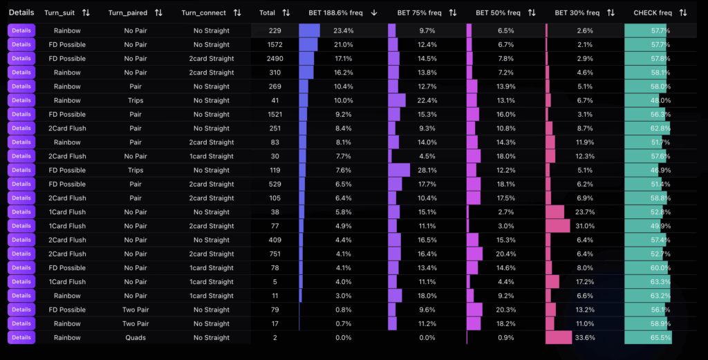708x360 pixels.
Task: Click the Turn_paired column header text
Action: click(129, 12)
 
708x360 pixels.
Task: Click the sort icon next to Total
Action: click(286, 12)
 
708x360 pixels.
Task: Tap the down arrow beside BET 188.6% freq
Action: click(374, 12)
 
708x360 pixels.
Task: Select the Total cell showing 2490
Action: click(275, 59)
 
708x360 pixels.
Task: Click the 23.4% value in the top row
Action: click(344, 30)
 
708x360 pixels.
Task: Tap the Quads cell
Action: click(136, 338)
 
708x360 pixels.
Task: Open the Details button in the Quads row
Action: click(21, 338)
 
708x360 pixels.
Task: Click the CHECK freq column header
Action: click(652, 12)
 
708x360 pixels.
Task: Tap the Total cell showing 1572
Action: click(275, 45)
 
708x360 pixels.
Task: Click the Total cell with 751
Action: click(275, 254)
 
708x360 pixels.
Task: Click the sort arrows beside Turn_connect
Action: click(237, 12)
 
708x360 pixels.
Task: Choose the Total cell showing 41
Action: click(275, 100)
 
